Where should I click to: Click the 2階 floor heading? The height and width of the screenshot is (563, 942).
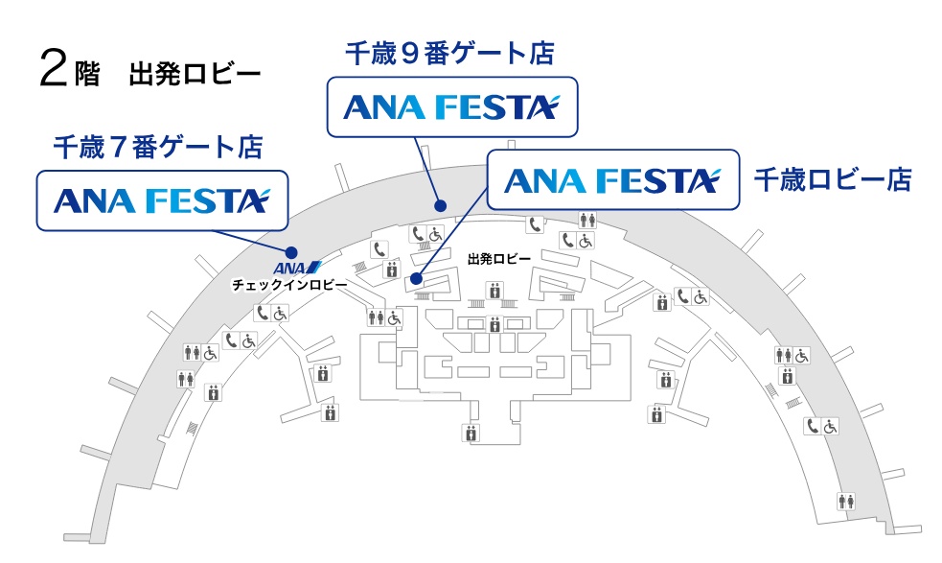(70, 70)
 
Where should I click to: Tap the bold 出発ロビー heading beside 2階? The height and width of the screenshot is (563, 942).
(194, 75)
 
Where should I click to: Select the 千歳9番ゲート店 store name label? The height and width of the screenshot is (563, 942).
(450, 53)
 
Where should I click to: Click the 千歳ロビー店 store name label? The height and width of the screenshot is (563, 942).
(832, 179)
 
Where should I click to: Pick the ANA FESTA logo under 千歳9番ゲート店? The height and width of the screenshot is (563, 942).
(451, 106)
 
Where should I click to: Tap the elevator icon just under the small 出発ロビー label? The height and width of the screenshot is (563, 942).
(494, 288)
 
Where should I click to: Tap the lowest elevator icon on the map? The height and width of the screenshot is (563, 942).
(471, 433)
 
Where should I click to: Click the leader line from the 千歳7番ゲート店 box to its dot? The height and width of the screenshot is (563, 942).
(254, 240)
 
